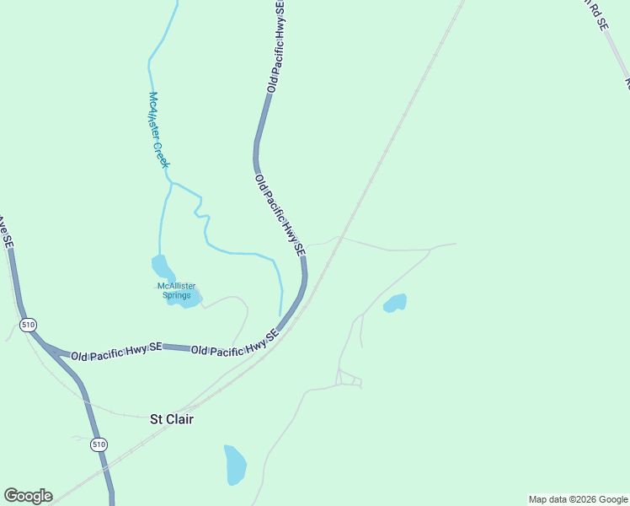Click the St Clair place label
[171, 418]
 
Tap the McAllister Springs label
[177, 290]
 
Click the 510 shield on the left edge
[29, 324]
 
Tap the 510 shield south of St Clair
[99, 444]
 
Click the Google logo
[28, 496]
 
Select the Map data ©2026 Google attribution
[579, 499]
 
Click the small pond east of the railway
[395, 303]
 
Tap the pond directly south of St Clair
[235, 465]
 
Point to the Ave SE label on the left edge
[6, 232]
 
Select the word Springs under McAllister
[177, 295]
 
